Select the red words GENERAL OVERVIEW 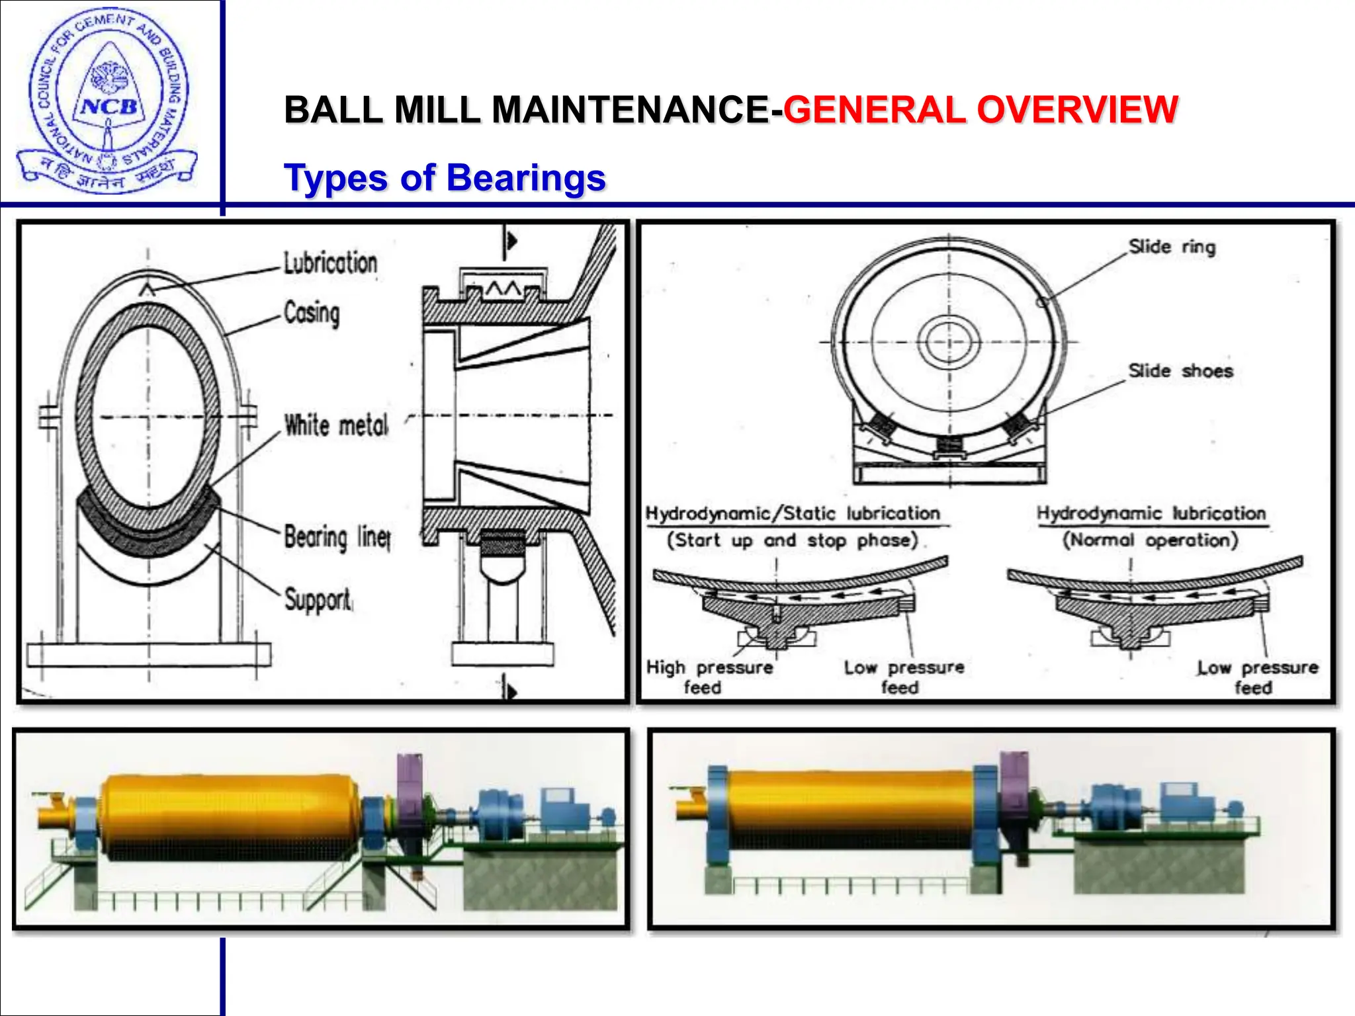pos(980,110)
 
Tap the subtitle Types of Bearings pos(445,178)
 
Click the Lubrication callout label pos(330,263)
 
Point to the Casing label pos(312,313)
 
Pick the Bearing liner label pos(337,536)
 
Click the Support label pos(318,600)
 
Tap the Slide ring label pos(1172,247)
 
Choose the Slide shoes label pos(1180,371)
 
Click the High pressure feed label pos(709,677)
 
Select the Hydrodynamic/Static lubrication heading pos(793,513)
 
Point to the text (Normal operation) pos(1150,540)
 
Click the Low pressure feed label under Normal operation pos(1257,677)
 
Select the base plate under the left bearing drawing pos(149,655)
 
